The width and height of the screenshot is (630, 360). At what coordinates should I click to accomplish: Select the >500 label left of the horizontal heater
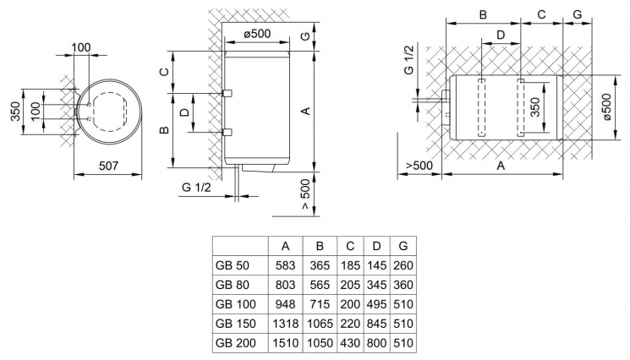(x=418, y=165)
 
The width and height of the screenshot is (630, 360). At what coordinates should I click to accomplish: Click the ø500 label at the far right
(x=607, y=110)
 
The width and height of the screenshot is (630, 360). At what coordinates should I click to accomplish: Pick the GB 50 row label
(x=232, y=265)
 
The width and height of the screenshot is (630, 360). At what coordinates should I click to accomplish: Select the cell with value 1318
(x=286, y=325)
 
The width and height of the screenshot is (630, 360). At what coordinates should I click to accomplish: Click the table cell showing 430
(x=350, y=344)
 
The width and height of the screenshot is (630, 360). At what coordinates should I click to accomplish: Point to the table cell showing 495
(x=376, y=304)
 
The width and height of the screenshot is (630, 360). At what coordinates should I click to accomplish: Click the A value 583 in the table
(x=286, y=265)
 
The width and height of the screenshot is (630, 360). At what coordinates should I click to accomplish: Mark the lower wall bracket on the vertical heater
(x=226, y=132)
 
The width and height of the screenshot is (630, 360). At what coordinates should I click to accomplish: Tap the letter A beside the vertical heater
(x=307, y=110)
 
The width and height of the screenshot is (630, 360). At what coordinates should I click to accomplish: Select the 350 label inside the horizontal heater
(x=534, y=107)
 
